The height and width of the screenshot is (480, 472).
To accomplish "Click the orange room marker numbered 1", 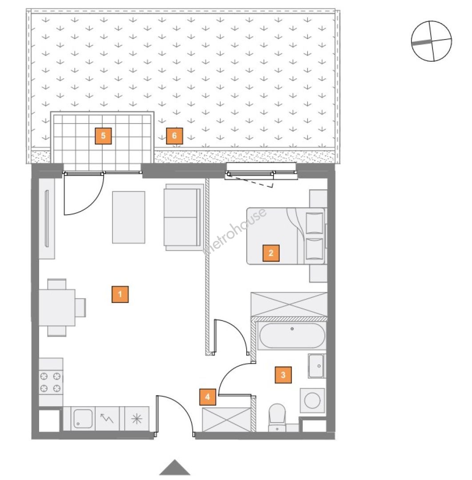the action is pos(120,294).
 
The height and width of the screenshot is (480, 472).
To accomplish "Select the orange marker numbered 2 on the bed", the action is pos(271,253).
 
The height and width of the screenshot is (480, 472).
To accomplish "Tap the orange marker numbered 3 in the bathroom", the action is pos(283,375).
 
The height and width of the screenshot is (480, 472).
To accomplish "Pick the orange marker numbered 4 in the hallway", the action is pos(208,397).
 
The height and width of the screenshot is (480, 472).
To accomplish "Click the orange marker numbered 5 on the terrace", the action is pos(103,136).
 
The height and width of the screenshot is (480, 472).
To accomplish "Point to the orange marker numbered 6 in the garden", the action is pos(175,136).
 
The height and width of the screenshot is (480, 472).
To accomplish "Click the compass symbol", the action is pos(431,41).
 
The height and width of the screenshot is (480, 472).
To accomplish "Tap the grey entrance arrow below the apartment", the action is pos(175,468).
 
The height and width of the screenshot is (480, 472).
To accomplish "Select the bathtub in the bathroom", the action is pos(292,336).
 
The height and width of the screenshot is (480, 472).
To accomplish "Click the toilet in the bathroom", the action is pos(277,418).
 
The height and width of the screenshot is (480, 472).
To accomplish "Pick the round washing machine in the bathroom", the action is pos(312,401).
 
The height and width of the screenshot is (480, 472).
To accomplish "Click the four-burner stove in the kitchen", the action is pos(51,382).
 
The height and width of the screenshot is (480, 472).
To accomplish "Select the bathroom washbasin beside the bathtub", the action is pos(317,366).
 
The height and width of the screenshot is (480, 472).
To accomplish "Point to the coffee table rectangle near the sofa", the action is pos(128,217).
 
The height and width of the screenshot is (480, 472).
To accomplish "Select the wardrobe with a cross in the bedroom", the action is pos(289,304).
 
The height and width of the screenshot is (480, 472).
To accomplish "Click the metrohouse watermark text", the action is pos(235,232).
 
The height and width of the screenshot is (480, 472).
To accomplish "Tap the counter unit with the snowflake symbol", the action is pos(137,419).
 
